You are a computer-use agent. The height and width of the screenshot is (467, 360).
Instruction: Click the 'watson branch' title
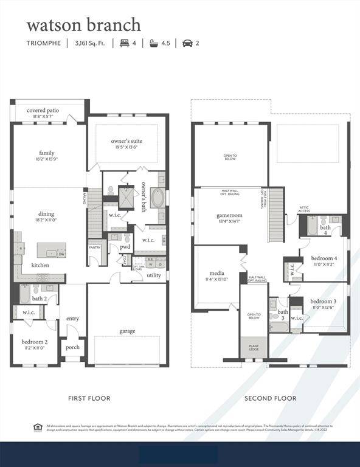pos(83,25)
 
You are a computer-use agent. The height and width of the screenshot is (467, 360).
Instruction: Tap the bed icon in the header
pos(125,43)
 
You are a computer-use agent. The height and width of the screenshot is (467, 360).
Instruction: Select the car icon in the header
pos(187,43)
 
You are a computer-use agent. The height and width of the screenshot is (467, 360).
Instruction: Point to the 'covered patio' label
pos(43,111)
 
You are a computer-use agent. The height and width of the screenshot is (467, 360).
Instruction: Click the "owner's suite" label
pos(127,140)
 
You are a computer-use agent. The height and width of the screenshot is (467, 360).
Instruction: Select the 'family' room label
pos(47,153)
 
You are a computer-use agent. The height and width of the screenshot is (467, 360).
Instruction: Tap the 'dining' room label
pos(46,213)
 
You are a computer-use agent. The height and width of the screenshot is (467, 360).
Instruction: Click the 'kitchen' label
pos(41,265)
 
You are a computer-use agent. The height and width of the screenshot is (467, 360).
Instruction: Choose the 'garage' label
pos(127,331)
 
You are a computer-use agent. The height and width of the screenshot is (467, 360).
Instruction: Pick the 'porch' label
pos(73,348)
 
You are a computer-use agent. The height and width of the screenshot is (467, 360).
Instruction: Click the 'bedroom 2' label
pos(35,342)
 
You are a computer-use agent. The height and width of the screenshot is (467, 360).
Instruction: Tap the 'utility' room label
pos(154,275)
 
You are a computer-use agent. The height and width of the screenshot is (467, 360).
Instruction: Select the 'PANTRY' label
pos(94,247)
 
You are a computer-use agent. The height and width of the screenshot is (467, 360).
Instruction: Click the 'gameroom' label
pos(229,215)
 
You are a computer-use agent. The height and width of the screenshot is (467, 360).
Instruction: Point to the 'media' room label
pos(217,273)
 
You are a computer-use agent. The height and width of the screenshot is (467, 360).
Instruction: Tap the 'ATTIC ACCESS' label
pos(304,209)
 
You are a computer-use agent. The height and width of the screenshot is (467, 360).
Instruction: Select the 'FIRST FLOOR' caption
pos(89,398)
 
